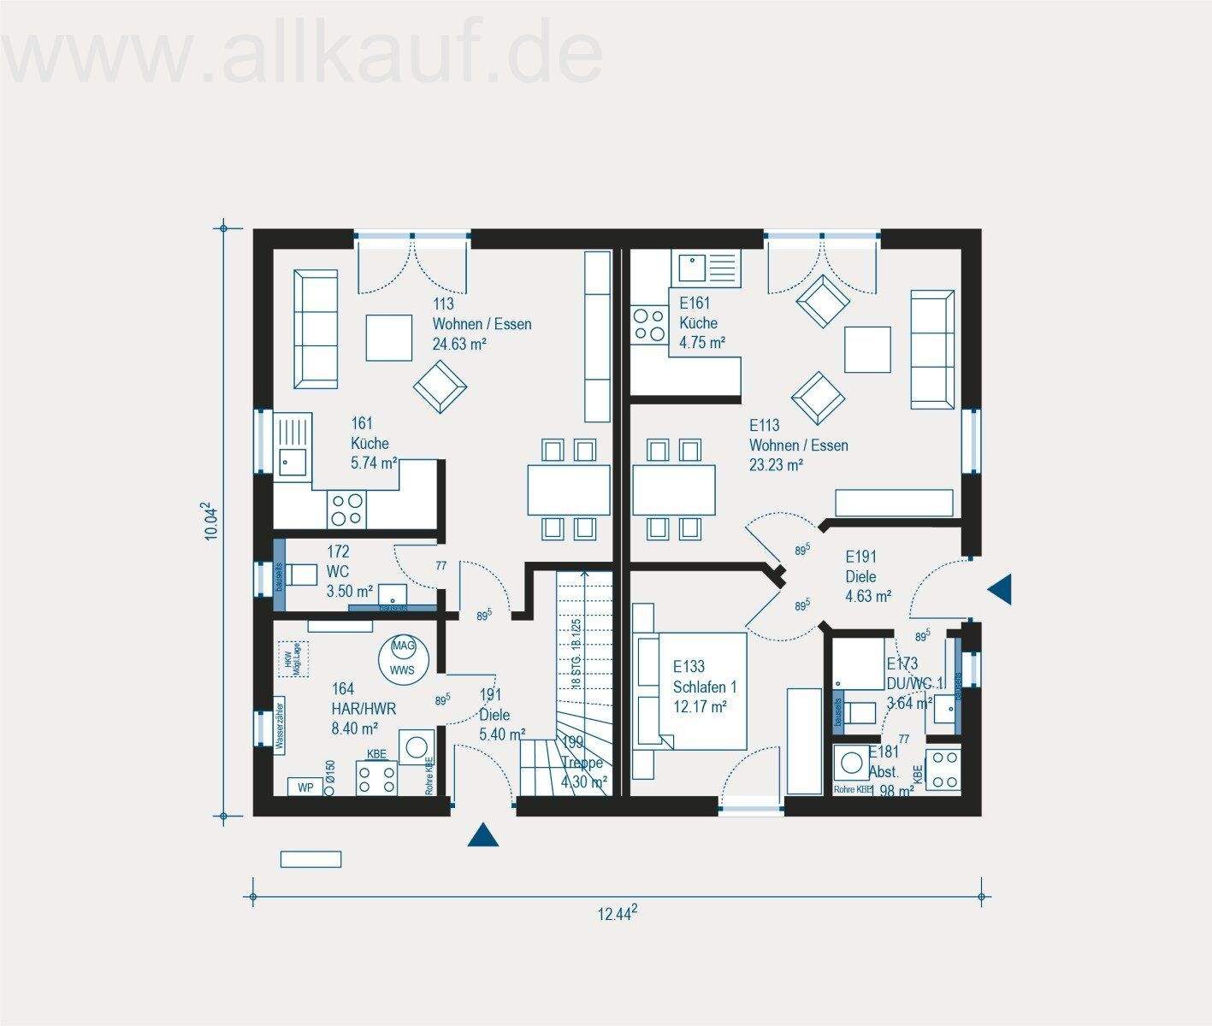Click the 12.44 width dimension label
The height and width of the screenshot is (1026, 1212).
tap(617, 914)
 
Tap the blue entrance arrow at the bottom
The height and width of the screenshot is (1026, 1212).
tap(482, 834)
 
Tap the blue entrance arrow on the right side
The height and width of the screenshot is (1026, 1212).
tap(999, 589)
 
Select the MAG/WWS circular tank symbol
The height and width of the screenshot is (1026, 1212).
tap(402, 657)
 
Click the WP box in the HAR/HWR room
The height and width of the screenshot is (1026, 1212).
tap(304, 787)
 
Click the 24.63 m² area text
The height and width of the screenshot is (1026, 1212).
tap(459, 345)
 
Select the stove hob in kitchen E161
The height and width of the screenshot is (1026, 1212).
tap(648, 325)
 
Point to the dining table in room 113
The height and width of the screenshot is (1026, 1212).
tap(569, 489)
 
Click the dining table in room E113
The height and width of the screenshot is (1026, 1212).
tap(674, 489)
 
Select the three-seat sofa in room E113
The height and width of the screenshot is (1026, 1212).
tap(932, 348)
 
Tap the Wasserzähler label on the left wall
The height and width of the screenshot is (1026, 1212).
tap(280, 723)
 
